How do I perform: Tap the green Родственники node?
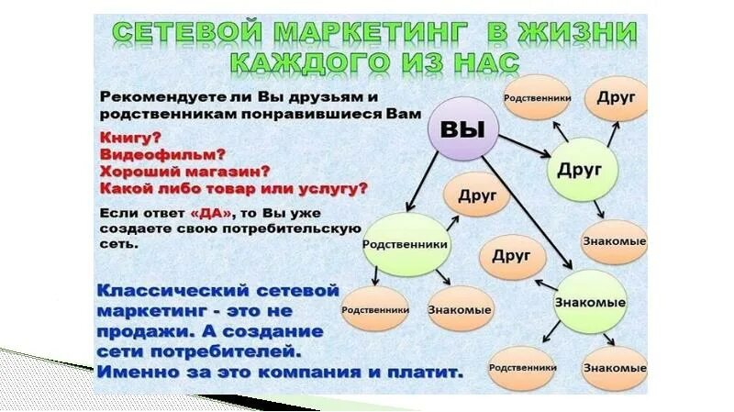click(405, 245)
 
